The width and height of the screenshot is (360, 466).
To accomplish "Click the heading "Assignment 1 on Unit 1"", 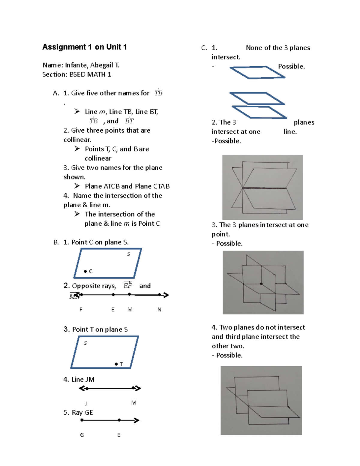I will (85, 47).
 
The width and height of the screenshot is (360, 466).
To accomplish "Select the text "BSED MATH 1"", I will (90, 74).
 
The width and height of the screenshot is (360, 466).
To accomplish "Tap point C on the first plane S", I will (85, 271).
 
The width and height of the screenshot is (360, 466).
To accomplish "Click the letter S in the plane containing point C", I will (128, 254).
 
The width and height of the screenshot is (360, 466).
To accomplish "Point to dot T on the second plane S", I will (116, 364).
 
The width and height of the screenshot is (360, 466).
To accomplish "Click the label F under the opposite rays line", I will (81, 309).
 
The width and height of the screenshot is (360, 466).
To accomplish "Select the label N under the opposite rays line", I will (159, 309).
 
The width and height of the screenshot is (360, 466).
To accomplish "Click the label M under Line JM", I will (134, 403).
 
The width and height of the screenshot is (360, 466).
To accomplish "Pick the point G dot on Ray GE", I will (82, 420).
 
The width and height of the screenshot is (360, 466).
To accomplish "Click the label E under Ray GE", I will (119, 435).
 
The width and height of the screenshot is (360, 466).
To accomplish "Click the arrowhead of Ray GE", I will (136, 420).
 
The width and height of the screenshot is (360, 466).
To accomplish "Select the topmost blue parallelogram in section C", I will (257, 72).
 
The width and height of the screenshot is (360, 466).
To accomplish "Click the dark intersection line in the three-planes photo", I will (264, 188).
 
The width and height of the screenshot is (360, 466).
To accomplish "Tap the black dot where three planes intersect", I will (261, 284).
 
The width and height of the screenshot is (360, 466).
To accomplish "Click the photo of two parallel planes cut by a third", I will (261, 400).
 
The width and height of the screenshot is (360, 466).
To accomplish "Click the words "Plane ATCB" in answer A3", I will (102, 186).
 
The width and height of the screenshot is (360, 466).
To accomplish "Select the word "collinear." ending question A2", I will (77, 140).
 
